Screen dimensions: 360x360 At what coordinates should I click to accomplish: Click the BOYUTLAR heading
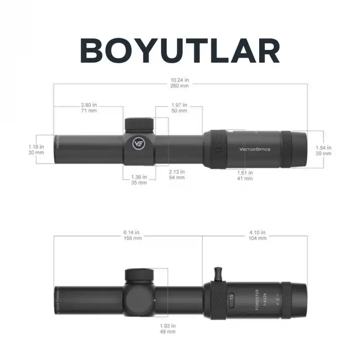[x=180, y=50]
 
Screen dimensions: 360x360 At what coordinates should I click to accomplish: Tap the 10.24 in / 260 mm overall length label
[x=180, y=83]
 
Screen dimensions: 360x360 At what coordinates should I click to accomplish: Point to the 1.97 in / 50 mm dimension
[x=179, y=107]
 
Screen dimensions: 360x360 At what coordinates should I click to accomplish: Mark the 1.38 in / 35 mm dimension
[x=139, y=179]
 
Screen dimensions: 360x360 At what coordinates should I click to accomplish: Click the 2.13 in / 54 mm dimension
[x=177, y=174]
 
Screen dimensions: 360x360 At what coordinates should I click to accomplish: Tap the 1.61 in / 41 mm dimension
[x=245, y=175]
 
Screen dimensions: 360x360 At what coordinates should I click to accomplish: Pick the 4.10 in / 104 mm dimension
[x=258, y=235]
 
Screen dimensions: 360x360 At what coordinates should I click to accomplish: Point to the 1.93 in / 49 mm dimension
[x=168, y=328]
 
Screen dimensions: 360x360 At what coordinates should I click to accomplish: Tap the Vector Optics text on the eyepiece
[x=255, y=150]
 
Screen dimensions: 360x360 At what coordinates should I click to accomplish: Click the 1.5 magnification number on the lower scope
[x=232, y=298]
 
